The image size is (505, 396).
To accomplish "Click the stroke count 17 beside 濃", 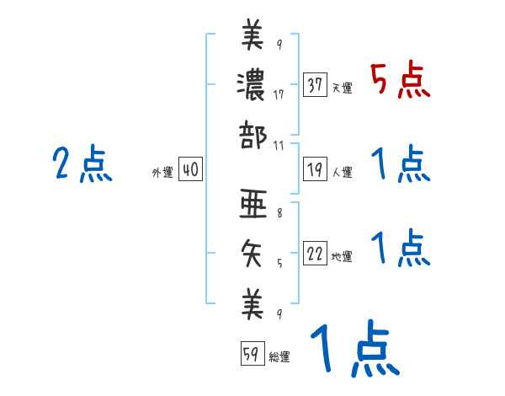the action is pyautogui.click(x=279, y=94).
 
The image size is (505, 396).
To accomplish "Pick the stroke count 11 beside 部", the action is pyautogui.click(x=279, y=146).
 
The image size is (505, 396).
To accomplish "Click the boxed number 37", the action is pyautogui.click(x=316, y=85).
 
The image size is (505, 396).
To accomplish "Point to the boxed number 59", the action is pyautogui.click(x=251, y=355).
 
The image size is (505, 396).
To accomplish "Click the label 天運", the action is pyautogui.click(x=342, y=88).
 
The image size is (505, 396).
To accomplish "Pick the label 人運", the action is pyautogui.click(x=342, y=172).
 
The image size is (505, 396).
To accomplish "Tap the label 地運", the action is pyautogui.click(x=342, y=256).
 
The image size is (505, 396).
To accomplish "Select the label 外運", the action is pyautogui.click(x=162, y=172).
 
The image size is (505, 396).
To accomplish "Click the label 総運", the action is pyautogui.click(x=279, y=357).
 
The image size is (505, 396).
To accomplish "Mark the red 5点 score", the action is pyautogui.click(x=401, y=80).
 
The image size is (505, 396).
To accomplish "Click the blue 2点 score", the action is pyautogui.click(x=82, y=163).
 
